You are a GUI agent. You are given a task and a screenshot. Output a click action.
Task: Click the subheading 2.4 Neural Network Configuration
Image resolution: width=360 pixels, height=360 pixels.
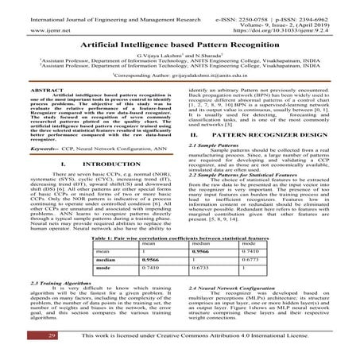[x=246, y=281]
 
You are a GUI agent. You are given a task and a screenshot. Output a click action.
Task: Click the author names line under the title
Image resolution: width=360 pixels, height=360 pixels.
[x=180, y=58]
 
